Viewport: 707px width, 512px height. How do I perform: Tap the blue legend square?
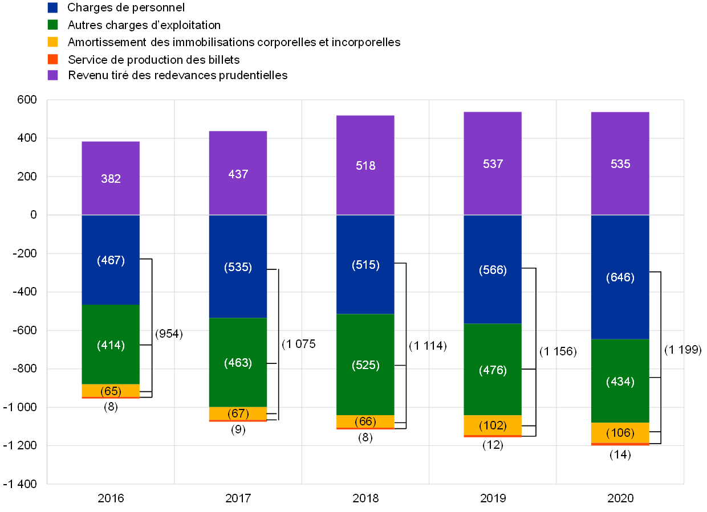(52, 8)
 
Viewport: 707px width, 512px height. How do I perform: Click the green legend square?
(52, 24)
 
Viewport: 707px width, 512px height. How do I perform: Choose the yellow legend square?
(52, 42)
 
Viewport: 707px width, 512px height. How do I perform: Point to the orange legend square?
(52, 59)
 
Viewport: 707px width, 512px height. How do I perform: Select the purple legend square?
(52, 75)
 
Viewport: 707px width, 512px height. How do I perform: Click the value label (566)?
(493, 270)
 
